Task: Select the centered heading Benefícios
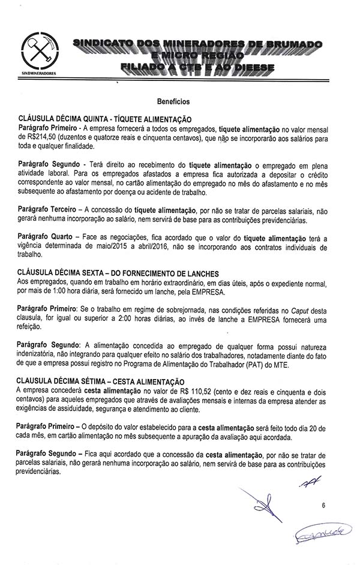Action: click(x=173, y=103)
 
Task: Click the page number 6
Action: click(x=323, y=506)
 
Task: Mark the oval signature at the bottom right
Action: click(x=319, y=533)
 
